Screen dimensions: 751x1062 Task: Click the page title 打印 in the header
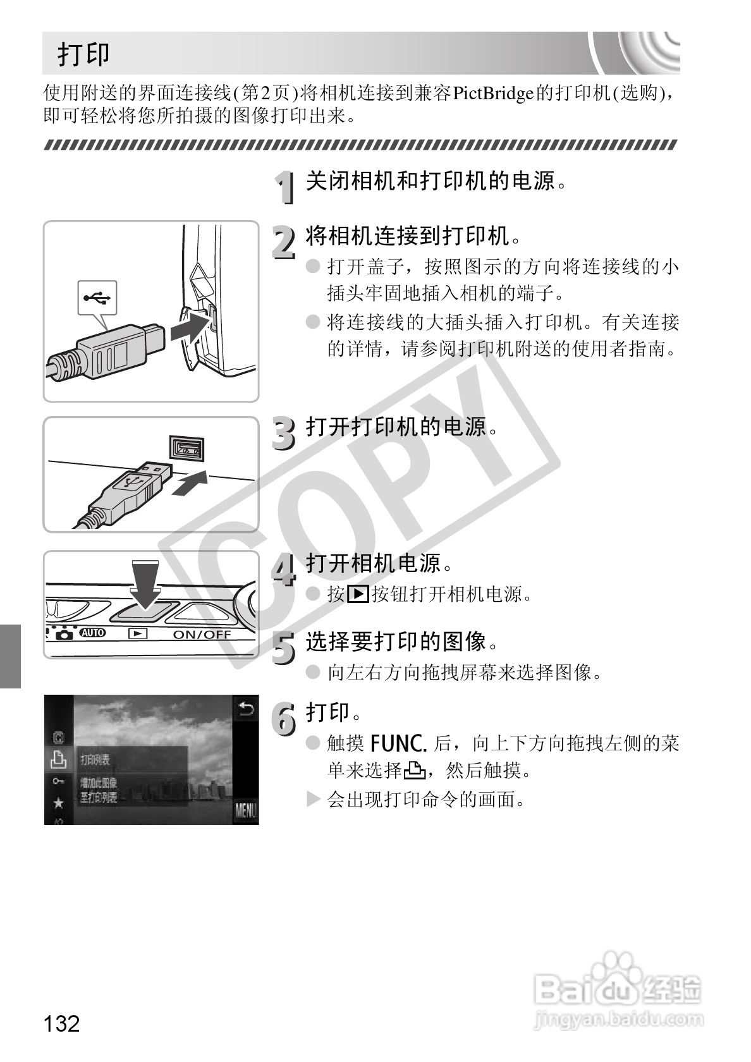coord(83,54)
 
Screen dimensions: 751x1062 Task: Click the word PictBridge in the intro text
coord(493,94)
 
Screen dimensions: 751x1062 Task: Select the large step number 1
coord(286,187)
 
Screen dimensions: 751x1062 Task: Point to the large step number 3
coord(283,434)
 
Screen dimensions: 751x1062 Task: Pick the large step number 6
coord(283,719)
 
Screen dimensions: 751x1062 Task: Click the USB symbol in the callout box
coord(97,298)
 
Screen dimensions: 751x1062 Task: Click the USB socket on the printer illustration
coord(187,448)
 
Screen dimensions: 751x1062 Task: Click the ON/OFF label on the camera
coord(202,635)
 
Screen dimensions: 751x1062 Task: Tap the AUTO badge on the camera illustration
coord(92,633)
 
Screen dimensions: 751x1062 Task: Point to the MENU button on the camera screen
coord(245,810)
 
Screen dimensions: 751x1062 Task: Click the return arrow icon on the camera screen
coord(246,709)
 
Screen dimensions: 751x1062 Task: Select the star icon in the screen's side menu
coord(59,803)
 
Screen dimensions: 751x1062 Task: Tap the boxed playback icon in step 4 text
coord(358,594)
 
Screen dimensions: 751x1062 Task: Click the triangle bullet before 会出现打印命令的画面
coord(314,799)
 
